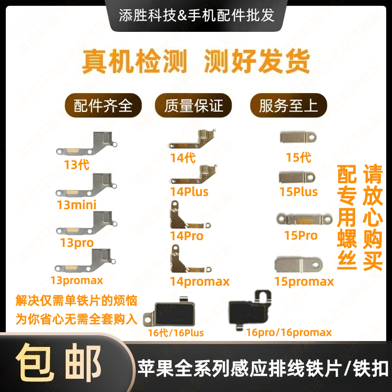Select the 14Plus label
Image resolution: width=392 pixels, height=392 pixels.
189,192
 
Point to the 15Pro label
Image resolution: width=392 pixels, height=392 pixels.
301,236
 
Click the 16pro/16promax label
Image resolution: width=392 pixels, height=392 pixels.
289,333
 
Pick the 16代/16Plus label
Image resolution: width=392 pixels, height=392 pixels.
176,333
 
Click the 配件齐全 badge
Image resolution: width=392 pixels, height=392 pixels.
103,105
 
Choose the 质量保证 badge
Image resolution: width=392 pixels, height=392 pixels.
194,105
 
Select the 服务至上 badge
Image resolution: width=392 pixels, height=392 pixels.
289,105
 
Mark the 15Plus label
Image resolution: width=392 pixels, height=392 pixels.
298,192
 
